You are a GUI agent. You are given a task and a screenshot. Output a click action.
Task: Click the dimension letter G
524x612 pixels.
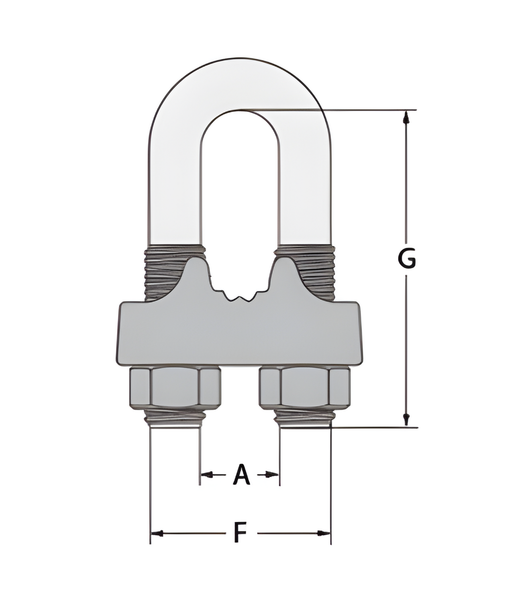407,259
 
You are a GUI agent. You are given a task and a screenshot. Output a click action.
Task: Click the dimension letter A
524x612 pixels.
241,475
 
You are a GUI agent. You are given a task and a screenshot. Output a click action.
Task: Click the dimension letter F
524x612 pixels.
240,533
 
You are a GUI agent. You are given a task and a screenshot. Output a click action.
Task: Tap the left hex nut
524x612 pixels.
175,388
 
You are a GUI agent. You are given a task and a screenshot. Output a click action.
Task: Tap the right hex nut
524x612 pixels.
305,388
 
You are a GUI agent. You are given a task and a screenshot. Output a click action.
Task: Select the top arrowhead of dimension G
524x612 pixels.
406,117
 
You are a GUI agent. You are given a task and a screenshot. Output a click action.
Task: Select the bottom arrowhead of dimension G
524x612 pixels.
406,419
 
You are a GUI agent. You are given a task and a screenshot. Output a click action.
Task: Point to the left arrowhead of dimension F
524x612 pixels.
157,534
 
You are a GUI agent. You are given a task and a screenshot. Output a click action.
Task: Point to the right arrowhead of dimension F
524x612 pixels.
324,534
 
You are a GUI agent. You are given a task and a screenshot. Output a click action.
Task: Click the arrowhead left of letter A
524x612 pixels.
207,475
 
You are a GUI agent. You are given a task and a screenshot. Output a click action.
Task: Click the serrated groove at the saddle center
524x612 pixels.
240,298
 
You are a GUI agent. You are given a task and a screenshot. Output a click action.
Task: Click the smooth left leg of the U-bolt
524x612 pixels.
175,190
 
